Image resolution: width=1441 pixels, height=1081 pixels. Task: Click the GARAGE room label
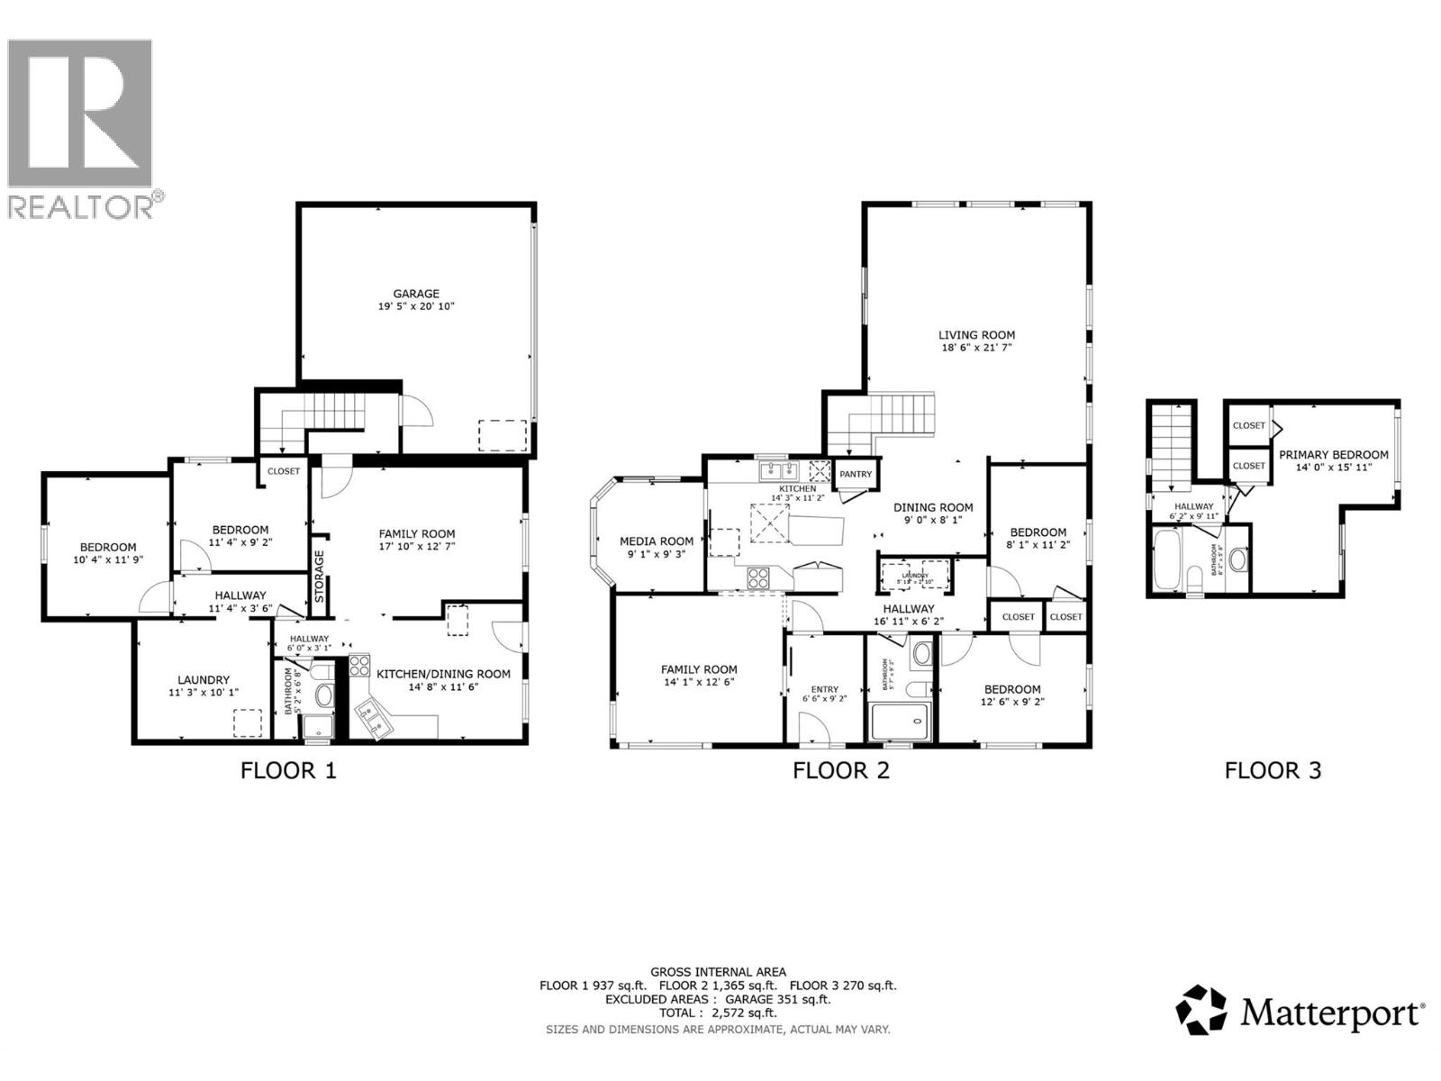tap(415, 294)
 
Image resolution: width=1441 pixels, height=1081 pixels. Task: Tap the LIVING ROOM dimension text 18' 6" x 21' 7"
tap(976, 347)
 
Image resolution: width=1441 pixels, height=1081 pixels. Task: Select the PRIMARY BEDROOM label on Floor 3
tap(1333, 455)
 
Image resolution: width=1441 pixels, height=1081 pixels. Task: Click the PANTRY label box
tap(856, 474)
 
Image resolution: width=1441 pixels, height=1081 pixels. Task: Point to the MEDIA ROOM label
tap(657, 541)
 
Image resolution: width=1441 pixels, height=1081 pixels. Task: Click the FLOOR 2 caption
tap(840, 770)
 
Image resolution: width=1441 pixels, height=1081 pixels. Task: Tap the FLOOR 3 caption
tap(1273, 770)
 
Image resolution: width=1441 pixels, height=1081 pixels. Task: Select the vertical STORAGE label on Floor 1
tap(319, 576)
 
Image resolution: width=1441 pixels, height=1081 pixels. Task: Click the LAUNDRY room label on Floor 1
tap(204, 680)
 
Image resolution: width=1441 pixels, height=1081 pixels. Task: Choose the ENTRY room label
tap(824, 689)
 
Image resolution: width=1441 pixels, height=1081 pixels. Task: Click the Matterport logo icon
tap(1201, 1010)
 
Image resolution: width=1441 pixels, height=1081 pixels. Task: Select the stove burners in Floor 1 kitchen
tap(359, 667)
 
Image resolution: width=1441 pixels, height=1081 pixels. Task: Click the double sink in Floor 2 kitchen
tap(779, 470)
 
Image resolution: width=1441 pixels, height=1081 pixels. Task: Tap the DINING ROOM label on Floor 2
tap(932, 507)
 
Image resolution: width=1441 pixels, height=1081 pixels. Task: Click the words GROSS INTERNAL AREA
tap(718, 972)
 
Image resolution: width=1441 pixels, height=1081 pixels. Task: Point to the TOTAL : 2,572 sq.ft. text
tap(718, 1013)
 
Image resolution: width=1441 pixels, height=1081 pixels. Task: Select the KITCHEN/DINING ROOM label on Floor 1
tap(443, 674)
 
